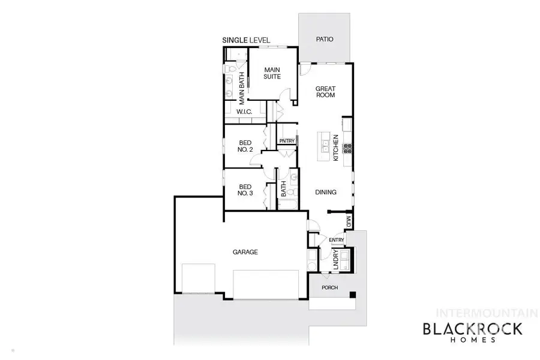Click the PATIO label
click(325, 40)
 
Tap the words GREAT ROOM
click(325, 92)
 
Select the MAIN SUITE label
click(273, 73)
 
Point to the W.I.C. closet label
click(244, 112)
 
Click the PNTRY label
click(287, 142)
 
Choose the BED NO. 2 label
click(245, 146)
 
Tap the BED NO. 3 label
click(245, 190)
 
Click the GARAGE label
click(245, 253)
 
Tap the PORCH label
click(329, 288)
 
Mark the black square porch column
click(353, 294)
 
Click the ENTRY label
click(337, 241)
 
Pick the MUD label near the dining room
click(347, 222)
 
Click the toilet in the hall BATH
click(290, 193)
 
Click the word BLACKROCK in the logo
click(473, 329)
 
